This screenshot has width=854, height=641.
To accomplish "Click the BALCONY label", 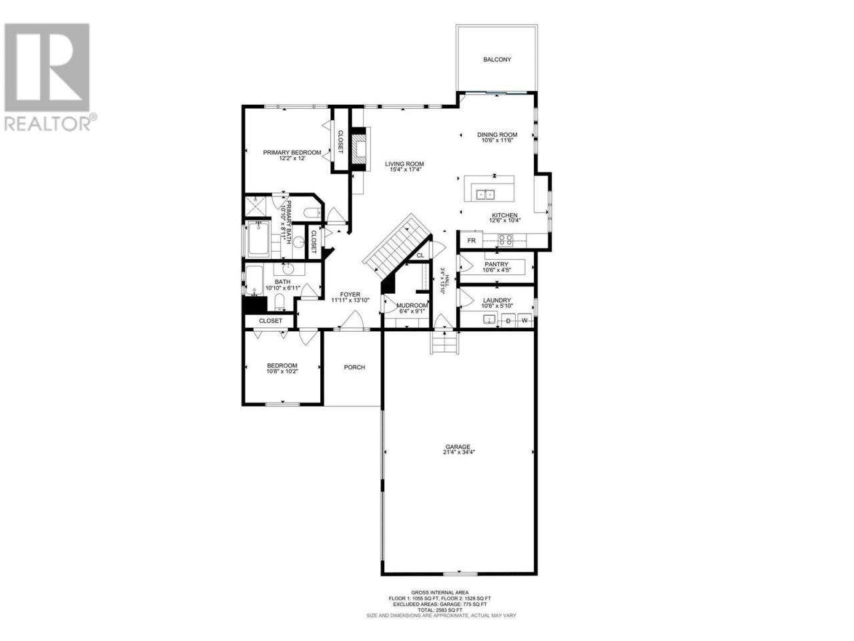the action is pyautogui.click(x=497, y=59).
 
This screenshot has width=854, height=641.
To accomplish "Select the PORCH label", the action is pyautogui.click(x=354, y=367).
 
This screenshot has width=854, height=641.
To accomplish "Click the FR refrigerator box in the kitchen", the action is pyautogui.click(x=471, y=240).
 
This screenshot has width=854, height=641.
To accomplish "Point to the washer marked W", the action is pyautogui.click(x=524, y=320).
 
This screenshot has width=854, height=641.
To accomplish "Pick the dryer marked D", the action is pyautogui.click(x=508, y=320).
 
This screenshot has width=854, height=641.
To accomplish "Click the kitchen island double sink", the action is pyautogui.click(x=485, y=194).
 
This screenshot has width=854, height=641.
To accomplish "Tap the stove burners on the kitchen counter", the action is pyautogui.click(x=505, y=240).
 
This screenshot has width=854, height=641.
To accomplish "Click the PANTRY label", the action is pyautogui.click(x=496, y=264).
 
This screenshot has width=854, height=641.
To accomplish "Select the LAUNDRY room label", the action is pyautogui.click(x=496, y=300).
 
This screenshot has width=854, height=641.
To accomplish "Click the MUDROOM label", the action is pyautogui.click(x=412, y=306).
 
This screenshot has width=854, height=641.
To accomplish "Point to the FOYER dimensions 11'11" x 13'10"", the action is pyautogui.click(x=350, y=300).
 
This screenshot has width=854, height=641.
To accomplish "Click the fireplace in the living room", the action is pyautogui.click(x=360, y=149).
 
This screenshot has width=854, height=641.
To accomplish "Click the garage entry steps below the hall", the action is pyautogui.click(x=444, y=342).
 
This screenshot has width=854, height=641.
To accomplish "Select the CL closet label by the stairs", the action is pyautogui.click(x=420, y=255).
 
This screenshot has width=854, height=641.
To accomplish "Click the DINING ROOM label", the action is pyautogui.click(x=497, y=135).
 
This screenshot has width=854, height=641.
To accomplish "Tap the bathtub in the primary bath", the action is pyautogui.click(x=258, y=238).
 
